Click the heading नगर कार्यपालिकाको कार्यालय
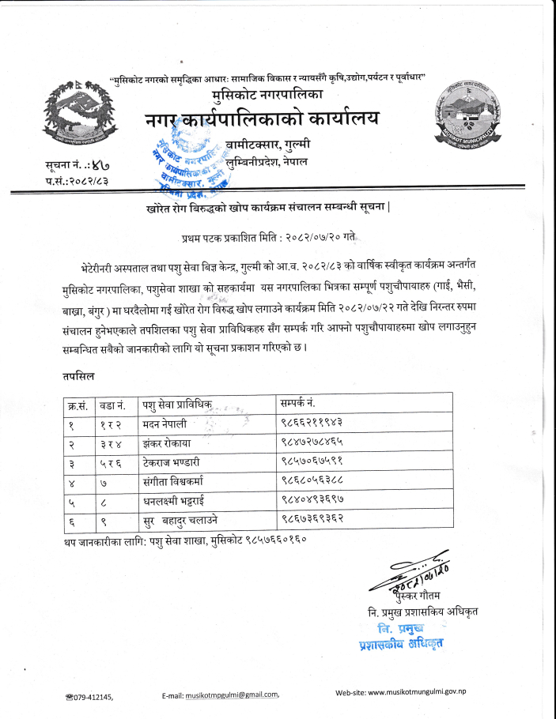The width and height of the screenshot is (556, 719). click(x=262, y=120)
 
